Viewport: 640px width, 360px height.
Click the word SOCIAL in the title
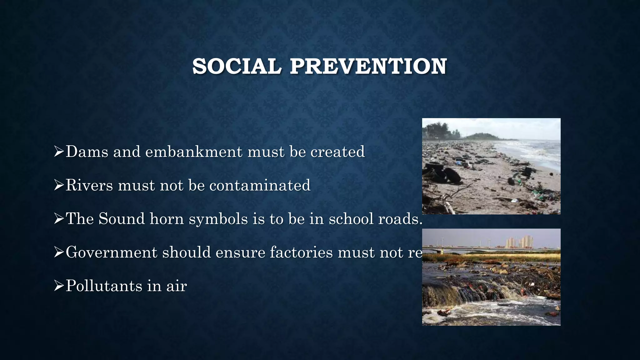click(x=237, y=67)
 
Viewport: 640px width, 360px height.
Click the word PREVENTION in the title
click(x=368, y=67)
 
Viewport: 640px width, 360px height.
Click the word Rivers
click(x=89, y=185)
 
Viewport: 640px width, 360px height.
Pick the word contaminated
click(x=260, y=185)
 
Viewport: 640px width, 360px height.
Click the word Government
click(x=111, y=252)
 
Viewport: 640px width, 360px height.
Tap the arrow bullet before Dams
click(x=59, y=152)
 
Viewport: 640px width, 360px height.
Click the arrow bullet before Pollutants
click(x=59, y=286)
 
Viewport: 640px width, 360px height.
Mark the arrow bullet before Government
click(x=59, y=252)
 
